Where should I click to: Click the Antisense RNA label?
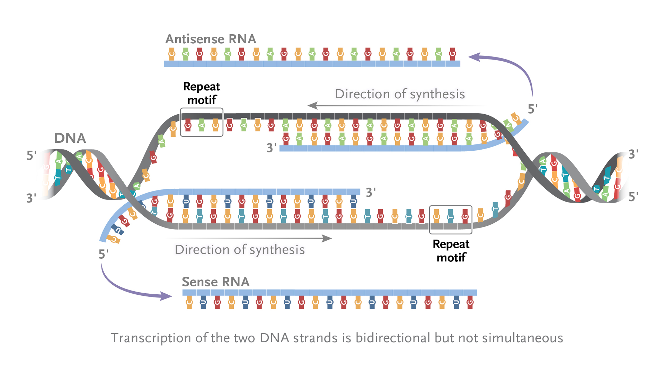[211, 39]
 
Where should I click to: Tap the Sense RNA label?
[215, 282]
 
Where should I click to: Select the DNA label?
[70, 138]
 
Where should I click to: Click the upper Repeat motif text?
[202, 93]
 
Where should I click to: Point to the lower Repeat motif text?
[451, 251]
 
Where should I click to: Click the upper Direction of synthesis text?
[400, 94]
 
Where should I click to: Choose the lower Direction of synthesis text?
[240, 250]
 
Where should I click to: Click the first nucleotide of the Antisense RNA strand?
[172, 54]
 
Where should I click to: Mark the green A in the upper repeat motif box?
[202, 125]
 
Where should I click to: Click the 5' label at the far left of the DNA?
[32, 155]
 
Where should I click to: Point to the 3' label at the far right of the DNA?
[633, 154]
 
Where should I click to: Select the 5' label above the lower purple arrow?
[104, 254]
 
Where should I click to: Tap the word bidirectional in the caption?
[393, 338]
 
